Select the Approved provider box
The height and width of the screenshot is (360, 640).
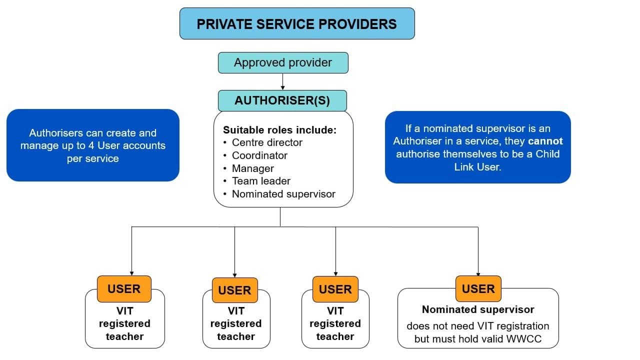(283, 63)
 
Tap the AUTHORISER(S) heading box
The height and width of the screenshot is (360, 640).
(282, 100)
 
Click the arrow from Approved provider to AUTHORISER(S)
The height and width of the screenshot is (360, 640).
(283, 81)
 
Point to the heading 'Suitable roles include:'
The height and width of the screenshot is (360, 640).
(279, 130)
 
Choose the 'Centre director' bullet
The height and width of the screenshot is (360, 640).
(267, 142)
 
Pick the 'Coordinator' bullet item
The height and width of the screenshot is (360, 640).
(259, 155)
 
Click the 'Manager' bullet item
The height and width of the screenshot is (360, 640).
(252, 168)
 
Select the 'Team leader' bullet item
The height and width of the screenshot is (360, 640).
(261, 181)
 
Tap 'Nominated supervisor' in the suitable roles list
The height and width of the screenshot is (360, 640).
(283, 194)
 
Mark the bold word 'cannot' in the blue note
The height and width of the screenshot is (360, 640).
(545, 141)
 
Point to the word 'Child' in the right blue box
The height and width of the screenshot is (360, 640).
(547, 154)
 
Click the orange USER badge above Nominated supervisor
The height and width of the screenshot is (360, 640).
(478, 288)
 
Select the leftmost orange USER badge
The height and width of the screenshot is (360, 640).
(124, 289)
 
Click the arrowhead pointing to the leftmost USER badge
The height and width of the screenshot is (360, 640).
(131, 272)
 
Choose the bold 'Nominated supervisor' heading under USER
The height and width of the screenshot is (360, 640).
(478, 309)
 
